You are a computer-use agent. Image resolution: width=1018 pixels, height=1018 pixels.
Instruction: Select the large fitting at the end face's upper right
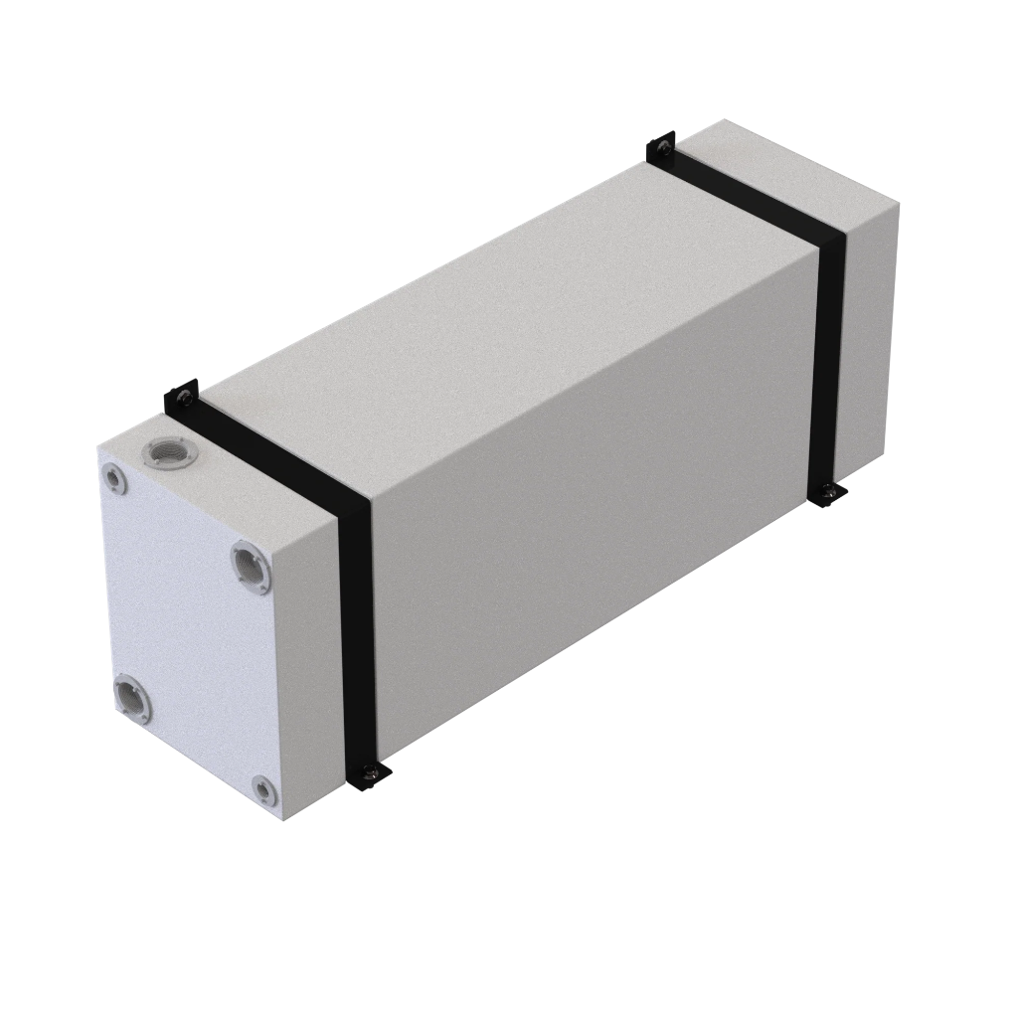click(x=251, y=566)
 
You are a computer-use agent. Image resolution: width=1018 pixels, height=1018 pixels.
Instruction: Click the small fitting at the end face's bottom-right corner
click(x=262, y=789)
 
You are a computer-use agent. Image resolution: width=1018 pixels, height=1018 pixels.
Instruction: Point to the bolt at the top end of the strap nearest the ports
click(x=183, y=400)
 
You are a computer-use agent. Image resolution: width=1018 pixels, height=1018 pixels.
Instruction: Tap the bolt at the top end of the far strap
click(x=662, y=148)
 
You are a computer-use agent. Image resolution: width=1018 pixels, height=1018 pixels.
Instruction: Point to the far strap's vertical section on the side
click(x=829, y=358)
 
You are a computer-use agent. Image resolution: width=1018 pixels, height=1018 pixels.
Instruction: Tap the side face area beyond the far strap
click(x=870, y=328)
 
